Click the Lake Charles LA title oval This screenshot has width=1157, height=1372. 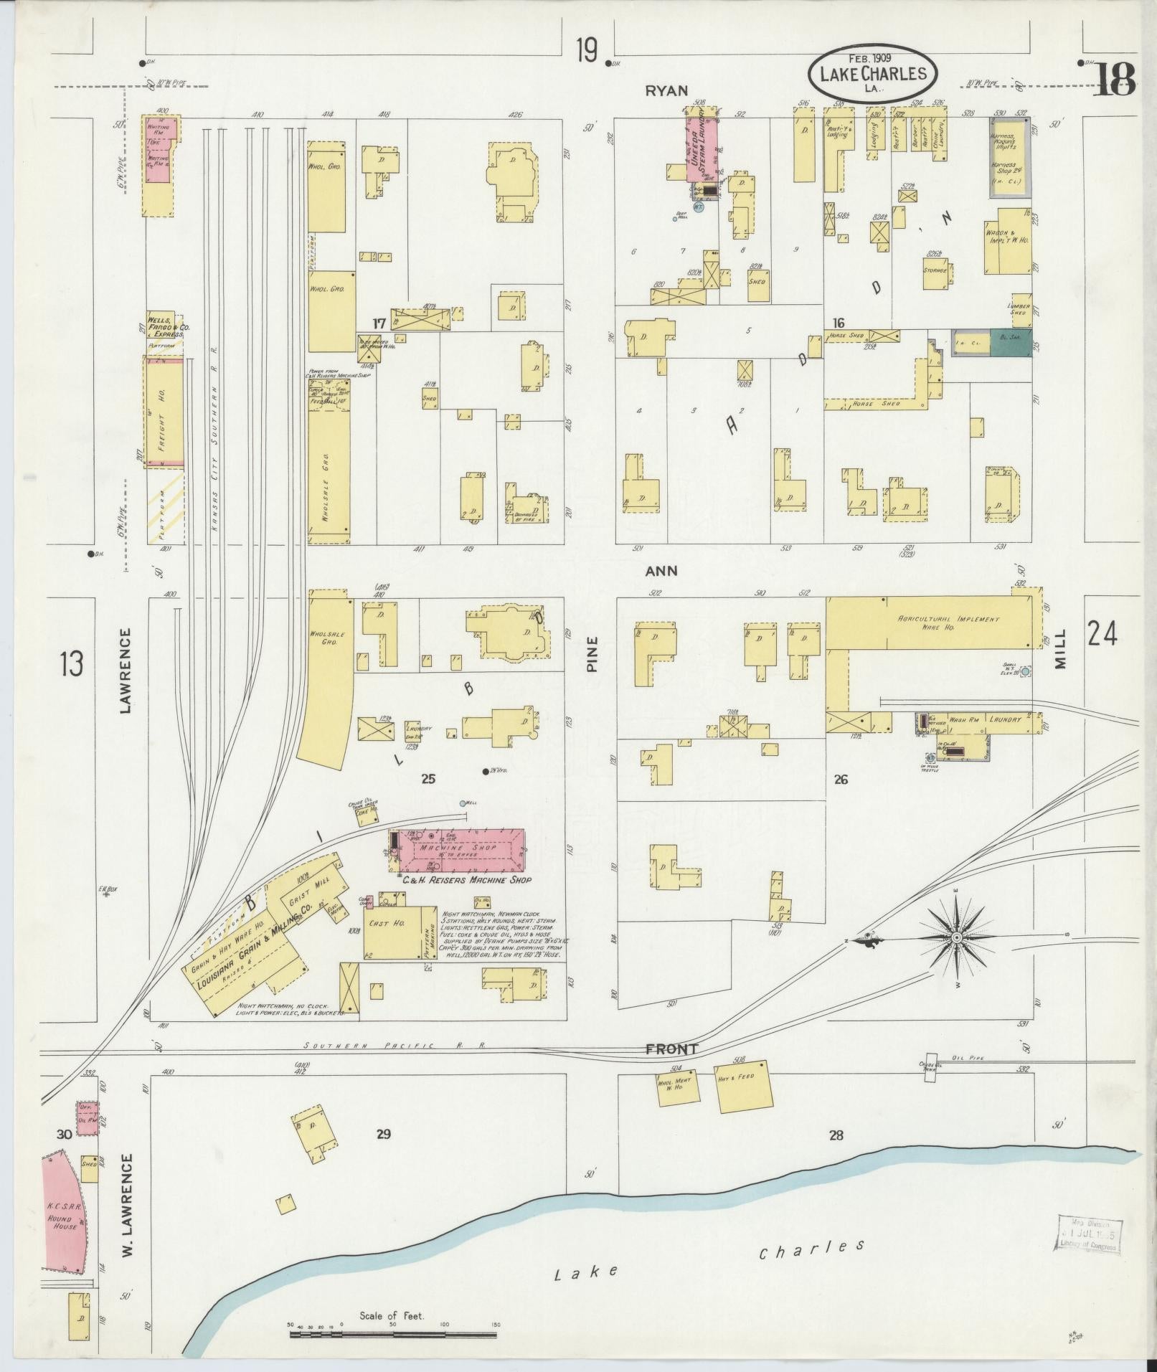[872, 73]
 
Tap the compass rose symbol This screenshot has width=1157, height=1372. [957, 938]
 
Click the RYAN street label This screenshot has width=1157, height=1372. [666, 90]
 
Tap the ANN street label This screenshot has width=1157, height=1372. [661, 571]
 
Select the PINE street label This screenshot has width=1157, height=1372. [592, 656]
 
